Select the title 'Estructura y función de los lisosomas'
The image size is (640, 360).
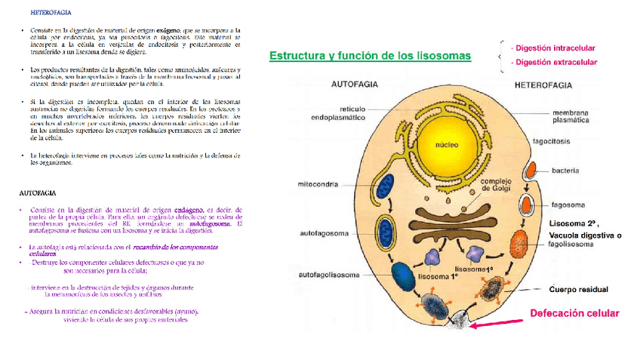coord(370,56)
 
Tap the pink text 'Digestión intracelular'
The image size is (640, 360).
coord(553,47)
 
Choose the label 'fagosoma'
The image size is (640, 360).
coord(566,204)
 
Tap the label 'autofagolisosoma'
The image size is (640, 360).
coord(328,275)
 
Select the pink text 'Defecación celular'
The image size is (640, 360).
coord(574,313)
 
